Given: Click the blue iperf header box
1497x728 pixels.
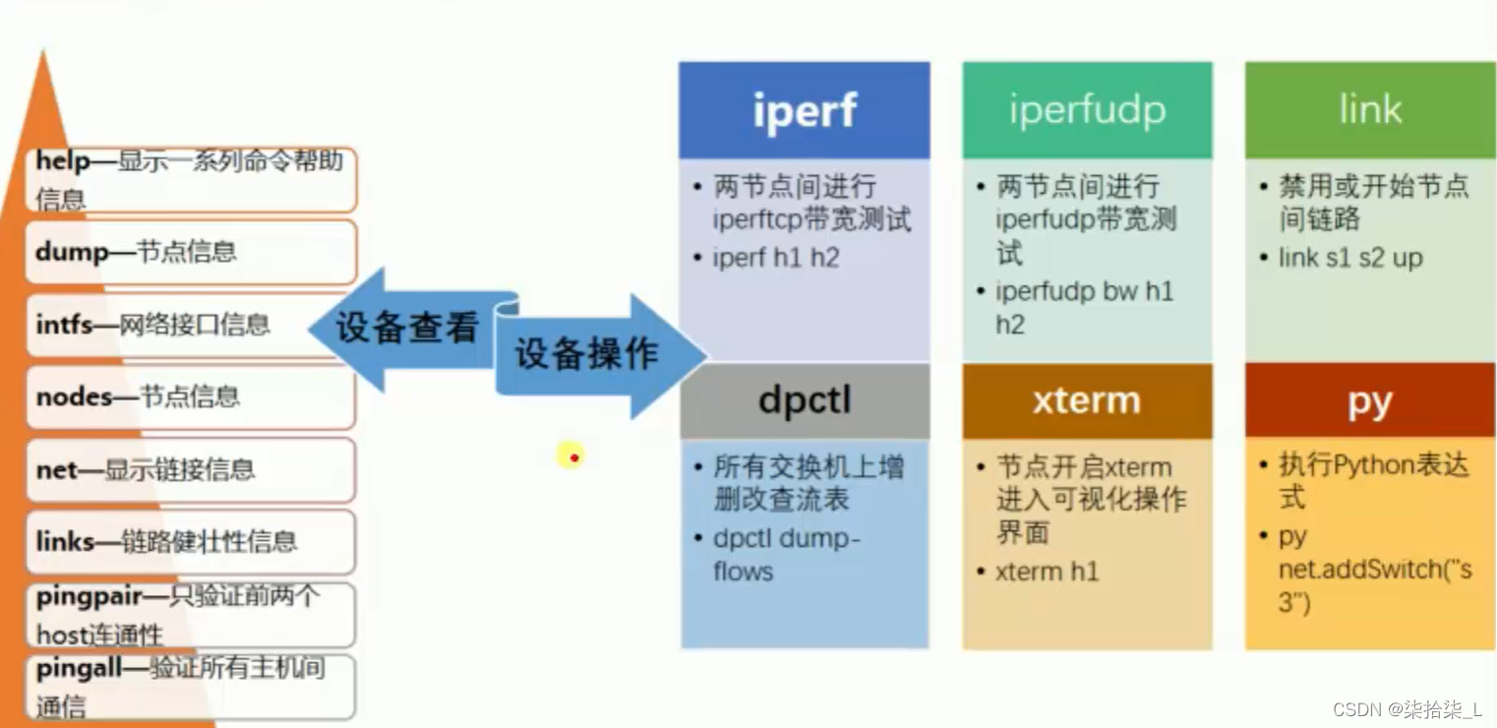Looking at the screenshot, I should [804, 110].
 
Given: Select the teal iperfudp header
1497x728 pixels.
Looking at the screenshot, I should [1087, 110].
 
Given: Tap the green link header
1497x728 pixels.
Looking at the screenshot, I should [1370, 110].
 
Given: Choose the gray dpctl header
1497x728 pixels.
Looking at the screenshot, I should [804, 401].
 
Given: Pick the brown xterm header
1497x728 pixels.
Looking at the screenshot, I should [1087, 401].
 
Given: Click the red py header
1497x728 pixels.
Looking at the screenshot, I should [1370, 401].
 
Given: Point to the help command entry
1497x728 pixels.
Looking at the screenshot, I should [191, 179].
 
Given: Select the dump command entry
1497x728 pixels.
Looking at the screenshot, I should [191, 252].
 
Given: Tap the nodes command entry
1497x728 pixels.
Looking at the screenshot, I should [191, 397].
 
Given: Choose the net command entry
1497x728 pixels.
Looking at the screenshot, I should [191, 470].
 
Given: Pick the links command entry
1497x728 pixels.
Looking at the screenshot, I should [191, 542].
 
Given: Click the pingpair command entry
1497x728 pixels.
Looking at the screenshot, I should [191, 615].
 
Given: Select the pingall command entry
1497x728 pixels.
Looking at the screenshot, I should [191, 687].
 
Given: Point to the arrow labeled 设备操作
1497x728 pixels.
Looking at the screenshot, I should [590, 355].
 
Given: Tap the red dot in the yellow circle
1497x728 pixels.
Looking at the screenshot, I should [572, 456].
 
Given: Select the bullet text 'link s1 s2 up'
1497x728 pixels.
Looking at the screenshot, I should [1350, 258].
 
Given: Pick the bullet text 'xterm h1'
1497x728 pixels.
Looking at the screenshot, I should [1047, 572].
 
